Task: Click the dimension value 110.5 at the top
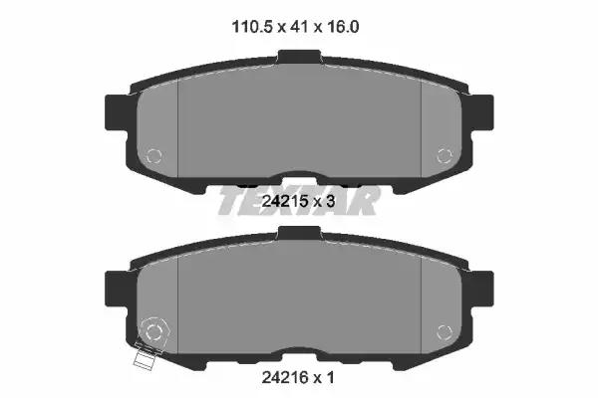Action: [252, 27]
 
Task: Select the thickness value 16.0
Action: [343, 27]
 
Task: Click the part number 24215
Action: [284, 201]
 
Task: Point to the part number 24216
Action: [284, 377]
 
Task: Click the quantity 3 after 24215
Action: [330, 201]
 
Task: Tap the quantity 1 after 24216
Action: [330, 377]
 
